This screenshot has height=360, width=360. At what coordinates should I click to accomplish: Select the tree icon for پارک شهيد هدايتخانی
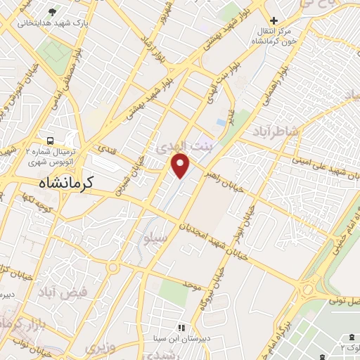point(53,12)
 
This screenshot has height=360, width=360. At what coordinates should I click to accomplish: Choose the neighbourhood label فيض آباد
point(63,290)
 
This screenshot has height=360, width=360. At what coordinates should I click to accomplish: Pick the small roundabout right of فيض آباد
point(112,267)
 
